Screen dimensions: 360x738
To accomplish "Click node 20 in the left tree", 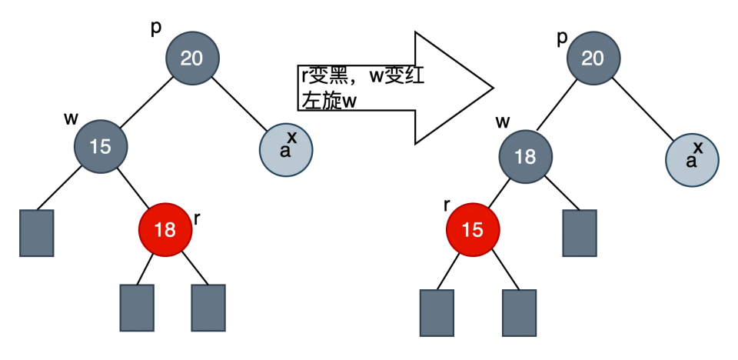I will point(192,58).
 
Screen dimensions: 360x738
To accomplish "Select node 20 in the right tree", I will point(593,58).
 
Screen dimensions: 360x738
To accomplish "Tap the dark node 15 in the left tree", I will point(101,145).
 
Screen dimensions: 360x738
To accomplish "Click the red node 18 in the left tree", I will point(165,228).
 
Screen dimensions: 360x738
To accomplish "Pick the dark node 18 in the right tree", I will point(525,156).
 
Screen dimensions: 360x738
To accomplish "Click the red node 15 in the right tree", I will point(473,229).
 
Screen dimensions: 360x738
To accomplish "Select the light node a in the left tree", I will point(286,150).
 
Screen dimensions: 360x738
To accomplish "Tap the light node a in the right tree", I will point(692,160).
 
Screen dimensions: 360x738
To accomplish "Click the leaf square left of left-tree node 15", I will point(36,232).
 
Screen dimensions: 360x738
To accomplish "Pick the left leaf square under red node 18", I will point(137,308).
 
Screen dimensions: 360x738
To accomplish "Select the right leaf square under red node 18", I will point(208,308).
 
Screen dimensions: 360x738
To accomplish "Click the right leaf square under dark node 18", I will point(580,232).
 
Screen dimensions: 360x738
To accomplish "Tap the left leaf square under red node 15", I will point(437,314).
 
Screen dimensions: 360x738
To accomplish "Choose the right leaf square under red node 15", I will point(519,314).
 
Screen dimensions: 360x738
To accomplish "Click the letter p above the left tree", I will point(156,28).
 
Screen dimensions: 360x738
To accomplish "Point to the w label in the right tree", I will point(504,122).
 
